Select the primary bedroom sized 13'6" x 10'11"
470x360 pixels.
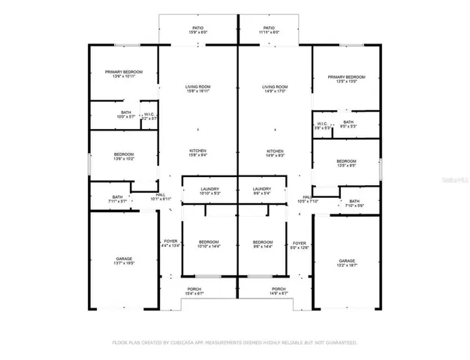coord(124,74)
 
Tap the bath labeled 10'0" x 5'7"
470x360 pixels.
coord(104,115)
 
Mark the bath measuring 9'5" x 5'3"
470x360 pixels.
coord(348,124)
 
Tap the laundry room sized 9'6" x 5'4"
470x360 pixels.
coord(262,191)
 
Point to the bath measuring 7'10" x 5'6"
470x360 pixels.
coord(354,203)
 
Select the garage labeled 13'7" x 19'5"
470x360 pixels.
coord(124,260)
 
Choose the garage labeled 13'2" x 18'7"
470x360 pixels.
coord(346,263)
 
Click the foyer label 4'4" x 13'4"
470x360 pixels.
coord(170,244)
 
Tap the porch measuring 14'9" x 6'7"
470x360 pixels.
coord(279,292)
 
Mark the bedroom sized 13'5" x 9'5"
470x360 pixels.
coord(346,164)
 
